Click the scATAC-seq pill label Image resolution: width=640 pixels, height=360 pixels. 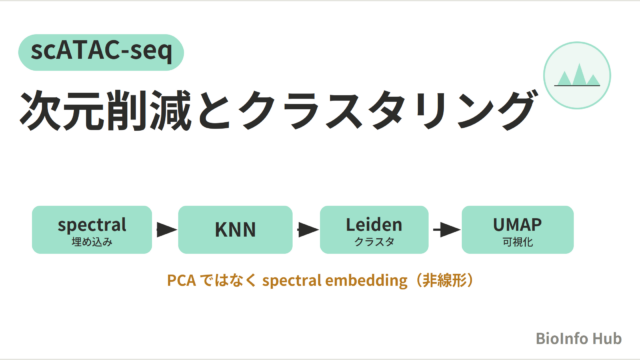pyautogui.click(x=101, y=52)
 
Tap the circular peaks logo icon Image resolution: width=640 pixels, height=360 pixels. pyautogui.click(x=577, y=75)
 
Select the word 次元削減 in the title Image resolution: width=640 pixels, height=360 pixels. pyautogui.click(x=105, y=111)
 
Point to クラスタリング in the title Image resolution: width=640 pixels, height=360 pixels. pyautogui.click(x=387, y=111)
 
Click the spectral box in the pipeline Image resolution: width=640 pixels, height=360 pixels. pyautogui.click(x=92, y=230)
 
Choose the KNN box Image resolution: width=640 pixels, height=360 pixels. pyautogui.click(x=235, y=230)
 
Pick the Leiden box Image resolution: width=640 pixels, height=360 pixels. pyautogui.click(x=374, y=230)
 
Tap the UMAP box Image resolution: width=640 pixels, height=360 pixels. pyautogui.click(x=518, y=230)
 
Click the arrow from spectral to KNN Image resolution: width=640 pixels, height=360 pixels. pyautogui.click(x=167, y=229)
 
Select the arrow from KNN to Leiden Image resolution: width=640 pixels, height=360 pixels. pyautogui.click(x=308, y=229)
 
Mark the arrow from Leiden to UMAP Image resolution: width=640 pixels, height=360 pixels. pyautogui.click(x=447, y=230)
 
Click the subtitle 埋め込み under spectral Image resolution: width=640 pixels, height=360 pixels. pyautogui.click(x=92, y=242)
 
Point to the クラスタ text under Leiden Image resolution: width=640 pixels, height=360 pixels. pyautogui.click(x=374, y=242)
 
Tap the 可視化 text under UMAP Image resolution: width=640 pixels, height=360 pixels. pyautogui.click(x=518, y=242)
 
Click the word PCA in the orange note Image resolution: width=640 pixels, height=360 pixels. pyautogui.click(x=181, y=281)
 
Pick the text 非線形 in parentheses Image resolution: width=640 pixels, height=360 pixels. pyautogui.click(x=444, y=281)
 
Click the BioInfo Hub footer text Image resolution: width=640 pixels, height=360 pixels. pyautogui.click(x=578, y=338)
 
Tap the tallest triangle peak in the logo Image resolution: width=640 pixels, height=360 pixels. pyautogui.click(x=579, y=74)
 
